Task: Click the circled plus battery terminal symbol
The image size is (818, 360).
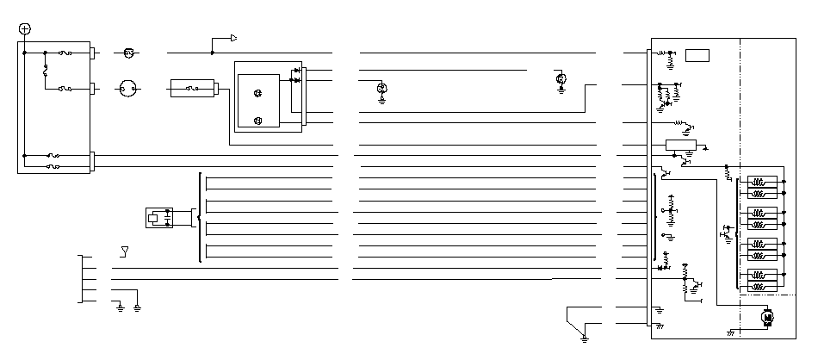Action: click(x=24, y=28)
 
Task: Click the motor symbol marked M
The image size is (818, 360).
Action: click(x=767, y=318)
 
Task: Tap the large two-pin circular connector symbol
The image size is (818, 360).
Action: click(x=128, y=88)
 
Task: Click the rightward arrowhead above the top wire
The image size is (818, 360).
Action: click(x=232, y=38)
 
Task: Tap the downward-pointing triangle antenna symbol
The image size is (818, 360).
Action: click(x=125, y=251)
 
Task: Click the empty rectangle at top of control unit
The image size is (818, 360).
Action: click(x=697, y=56)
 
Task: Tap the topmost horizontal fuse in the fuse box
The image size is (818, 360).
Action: click(x=65, y=53)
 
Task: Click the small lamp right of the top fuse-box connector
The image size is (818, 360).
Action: click(x=128, y=53)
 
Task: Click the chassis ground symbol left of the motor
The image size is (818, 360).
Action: click(x=731, y=332)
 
